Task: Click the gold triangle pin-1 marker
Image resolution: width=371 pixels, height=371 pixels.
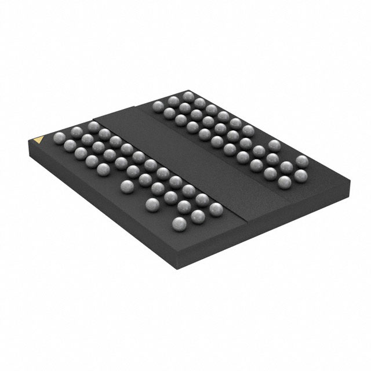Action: click(x=38, y=139)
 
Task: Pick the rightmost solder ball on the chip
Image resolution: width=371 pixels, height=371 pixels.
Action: click(x=301, y=161)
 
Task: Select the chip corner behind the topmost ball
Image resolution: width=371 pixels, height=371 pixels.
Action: click(x=191, y=87)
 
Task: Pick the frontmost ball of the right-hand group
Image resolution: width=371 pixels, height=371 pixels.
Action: click(x=284, y=183)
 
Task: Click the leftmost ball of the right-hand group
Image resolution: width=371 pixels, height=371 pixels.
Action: click(x=158, y=106)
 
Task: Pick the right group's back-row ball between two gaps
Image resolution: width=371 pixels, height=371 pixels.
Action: click(x=274, y=145)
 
